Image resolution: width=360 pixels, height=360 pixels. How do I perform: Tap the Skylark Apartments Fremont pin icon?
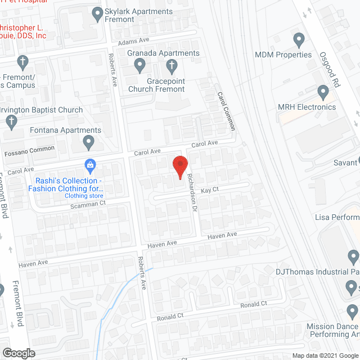(x=97, y=12)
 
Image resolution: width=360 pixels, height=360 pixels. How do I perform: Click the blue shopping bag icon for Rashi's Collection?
(x=89, y=165)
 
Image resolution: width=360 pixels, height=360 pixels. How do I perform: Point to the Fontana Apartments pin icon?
(x=88, y=143)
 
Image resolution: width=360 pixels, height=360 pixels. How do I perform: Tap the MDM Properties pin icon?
(x=299, y=40)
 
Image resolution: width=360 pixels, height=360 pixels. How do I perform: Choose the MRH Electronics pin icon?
(x=323, y=92)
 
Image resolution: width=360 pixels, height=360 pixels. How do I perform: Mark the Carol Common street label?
(x=226, y=112)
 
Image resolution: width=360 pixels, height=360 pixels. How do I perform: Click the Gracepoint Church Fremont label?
(x=157, y=85)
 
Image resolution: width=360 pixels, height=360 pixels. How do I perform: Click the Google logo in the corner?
(x=18, y=353)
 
